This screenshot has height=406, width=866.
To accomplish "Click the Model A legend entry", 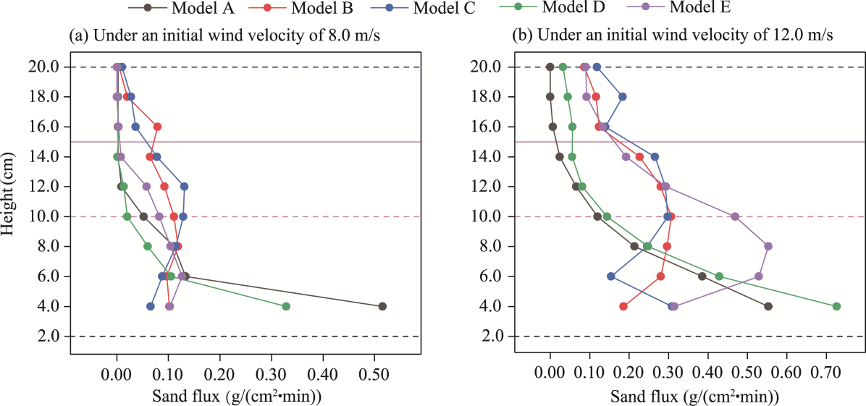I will pos(196,8).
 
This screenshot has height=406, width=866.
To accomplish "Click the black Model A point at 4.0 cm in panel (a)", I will pos(382,306).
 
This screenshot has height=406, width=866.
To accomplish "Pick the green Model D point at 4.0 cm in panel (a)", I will pos(286,306).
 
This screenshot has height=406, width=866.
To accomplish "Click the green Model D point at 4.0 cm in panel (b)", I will pos(836,306).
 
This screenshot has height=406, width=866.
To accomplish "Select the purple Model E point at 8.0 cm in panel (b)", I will pos(768,246).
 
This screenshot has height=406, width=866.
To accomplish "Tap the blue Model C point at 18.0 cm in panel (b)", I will pos(622,96).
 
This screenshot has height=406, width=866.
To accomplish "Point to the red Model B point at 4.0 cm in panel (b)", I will pos(623,306).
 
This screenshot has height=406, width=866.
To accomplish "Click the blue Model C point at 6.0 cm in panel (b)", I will pos(611,276).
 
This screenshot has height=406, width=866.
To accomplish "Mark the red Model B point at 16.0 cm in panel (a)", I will pos(157,127).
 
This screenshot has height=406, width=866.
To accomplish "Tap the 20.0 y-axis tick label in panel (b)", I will pos(489,67).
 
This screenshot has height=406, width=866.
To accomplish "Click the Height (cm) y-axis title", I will pos(10,193).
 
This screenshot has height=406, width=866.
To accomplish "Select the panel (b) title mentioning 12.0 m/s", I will pos(672,35).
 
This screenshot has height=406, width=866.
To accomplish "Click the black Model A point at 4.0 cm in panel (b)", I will pos(768,306).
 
